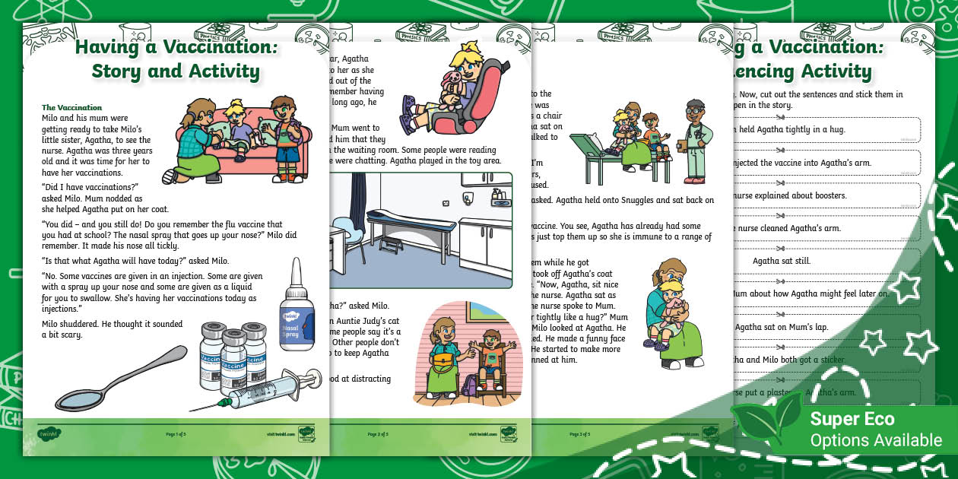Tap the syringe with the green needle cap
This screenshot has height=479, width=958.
point(259,389)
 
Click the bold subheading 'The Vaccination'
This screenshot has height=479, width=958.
point(72,108)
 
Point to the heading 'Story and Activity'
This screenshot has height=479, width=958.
point(176,71)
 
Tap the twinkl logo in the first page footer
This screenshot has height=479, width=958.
point(49,434)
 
